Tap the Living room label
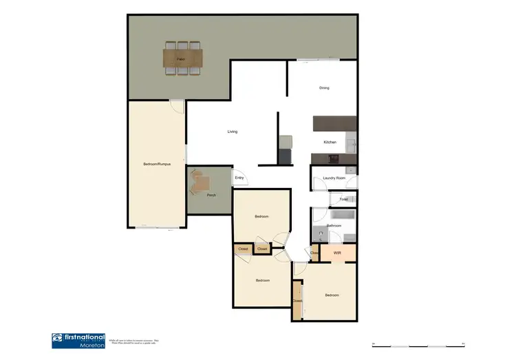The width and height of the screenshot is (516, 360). (x=233, y=131)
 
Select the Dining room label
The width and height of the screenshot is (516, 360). (x=324, y=88)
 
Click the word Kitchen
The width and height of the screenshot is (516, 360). (x=330, y=142)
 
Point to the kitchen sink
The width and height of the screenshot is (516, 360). (x=350, y=144)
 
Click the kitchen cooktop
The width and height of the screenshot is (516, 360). (x=334, y=158)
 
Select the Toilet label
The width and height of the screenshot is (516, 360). (x=343, y=200)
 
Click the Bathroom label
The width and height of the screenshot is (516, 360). (x=334, y=225)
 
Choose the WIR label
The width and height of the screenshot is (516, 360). (x=337, y=253)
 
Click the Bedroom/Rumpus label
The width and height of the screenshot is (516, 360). (x=157, y=165)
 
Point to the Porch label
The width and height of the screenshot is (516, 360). (x=211, y=195)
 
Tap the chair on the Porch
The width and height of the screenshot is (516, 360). (x=202, y=182)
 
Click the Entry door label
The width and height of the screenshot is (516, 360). (x=239, y=178)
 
